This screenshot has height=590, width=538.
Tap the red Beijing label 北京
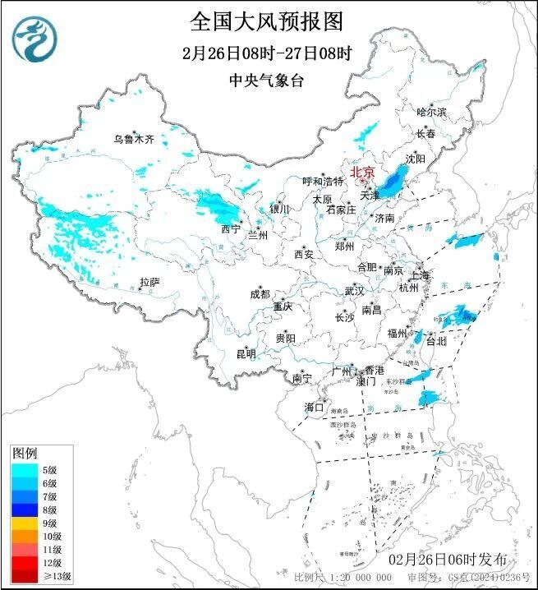pos(362,173)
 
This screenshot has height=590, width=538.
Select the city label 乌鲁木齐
pos(134,140)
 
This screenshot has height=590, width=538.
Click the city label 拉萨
pos(149,282)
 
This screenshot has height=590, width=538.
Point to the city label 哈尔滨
pos(431,112)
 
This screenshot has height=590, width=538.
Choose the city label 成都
pos(260,294)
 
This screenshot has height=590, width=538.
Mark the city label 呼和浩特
pos(323,181)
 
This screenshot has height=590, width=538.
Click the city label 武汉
pos(354,291)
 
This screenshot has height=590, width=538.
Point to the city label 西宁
pos(231,228)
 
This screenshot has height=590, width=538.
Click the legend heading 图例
pos(25,454)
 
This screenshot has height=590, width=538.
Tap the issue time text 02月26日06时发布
pos(459,559)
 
